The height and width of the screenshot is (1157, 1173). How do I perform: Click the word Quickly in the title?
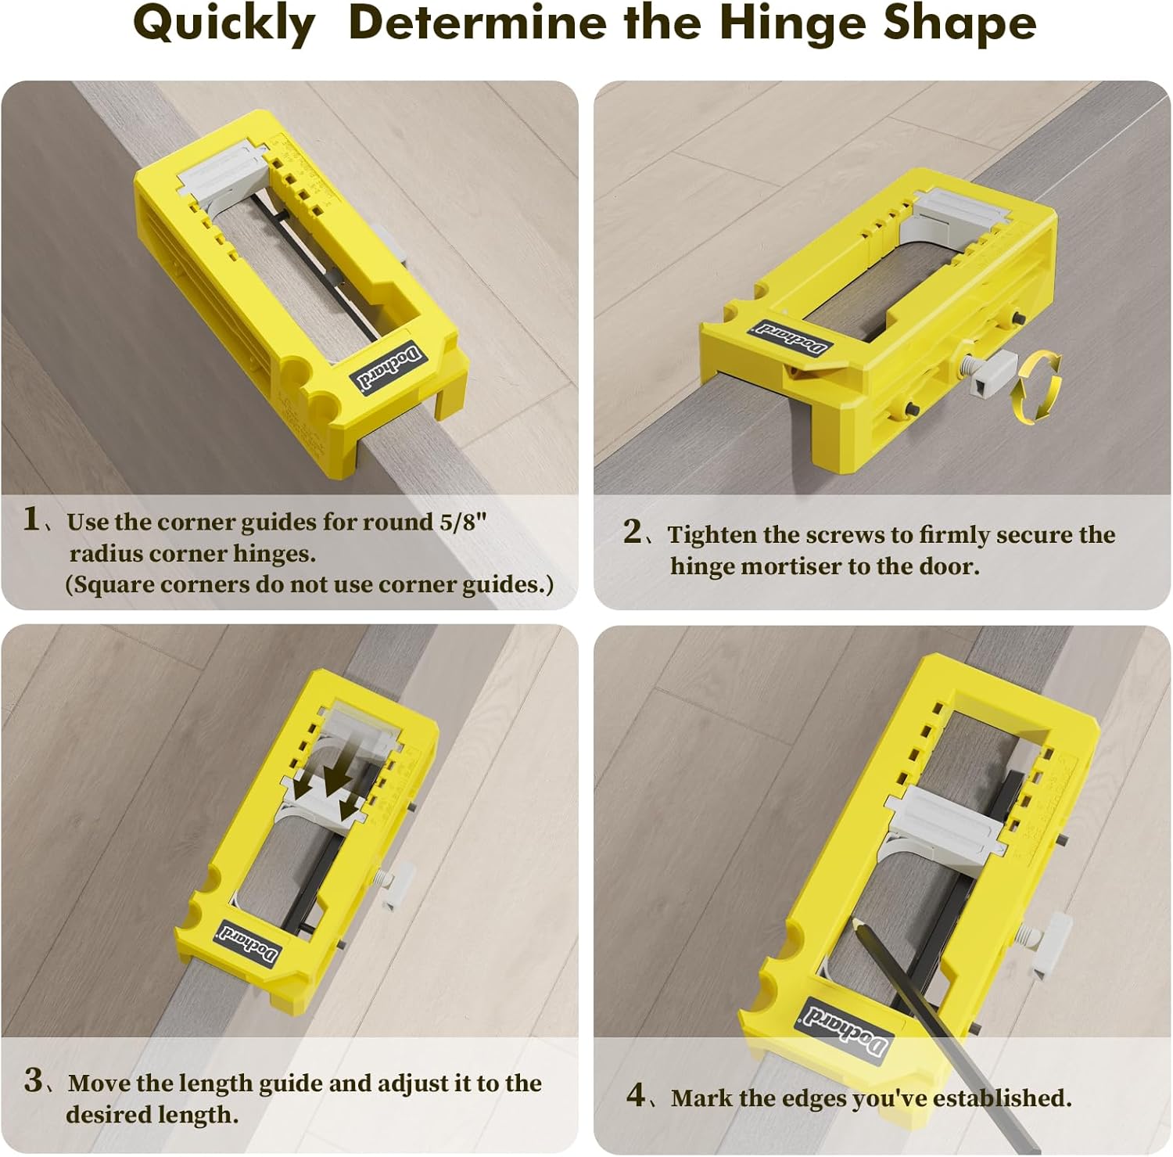[x=224, y=23]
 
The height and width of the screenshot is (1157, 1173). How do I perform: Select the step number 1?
[x=31, y=519]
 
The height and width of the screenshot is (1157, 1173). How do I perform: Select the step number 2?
[x=632, y=533]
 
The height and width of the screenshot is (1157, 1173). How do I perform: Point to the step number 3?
[x=34, y=1080]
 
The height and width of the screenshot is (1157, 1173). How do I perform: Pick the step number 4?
[x=636, y=1094]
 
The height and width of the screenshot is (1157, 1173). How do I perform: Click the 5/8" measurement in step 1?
[x=463, y=522]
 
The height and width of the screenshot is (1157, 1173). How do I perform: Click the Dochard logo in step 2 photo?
[x=791, y=336]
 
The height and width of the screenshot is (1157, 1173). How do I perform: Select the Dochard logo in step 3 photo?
[x=249, y=943]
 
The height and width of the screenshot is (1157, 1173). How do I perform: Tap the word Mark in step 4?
[x=701, y=1098]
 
